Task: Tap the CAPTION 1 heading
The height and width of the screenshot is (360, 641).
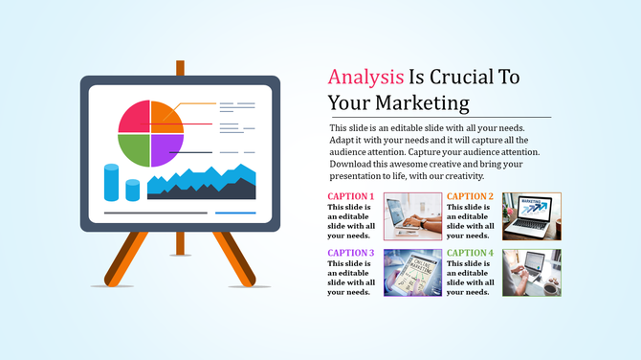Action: [350, 196]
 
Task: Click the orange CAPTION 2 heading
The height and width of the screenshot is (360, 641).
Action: [470, 196]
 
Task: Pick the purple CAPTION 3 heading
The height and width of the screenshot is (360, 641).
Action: [350, 253]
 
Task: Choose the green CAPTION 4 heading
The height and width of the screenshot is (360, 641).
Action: [470, 253]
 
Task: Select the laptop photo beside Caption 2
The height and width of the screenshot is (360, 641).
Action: [532, 215]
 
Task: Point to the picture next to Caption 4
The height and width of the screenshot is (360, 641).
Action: [532, 272]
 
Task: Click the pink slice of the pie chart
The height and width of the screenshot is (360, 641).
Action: [135, 116]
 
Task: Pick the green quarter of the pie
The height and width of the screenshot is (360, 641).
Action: [135, 149]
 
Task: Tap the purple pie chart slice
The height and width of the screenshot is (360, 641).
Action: [166, 149]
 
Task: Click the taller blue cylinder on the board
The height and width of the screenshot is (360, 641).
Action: [111, 182]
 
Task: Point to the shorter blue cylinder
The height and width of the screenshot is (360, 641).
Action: [132, 189]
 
